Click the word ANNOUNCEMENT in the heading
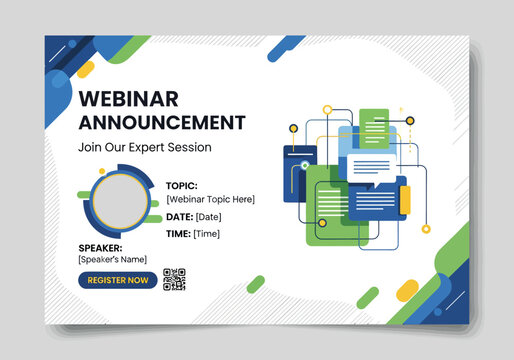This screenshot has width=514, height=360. (x=161, y=122)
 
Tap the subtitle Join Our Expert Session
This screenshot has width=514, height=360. (x=144, y=147)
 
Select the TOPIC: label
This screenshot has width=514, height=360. (x=182, y=185)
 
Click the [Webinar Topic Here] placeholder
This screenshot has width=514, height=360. (x=210, y=199)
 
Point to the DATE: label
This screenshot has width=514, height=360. (x=179, y=216)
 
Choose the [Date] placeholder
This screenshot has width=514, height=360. (x=209, y=216)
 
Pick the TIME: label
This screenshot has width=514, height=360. (x=178, y=233)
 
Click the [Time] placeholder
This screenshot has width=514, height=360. (x=207, y=233)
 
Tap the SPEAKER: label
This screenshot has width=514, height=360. (x=100, y=248)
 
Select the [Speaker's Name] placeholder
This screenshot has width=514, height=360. (x=112, y=260)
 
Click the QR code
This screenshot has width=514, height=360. (x=175, y=280)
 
